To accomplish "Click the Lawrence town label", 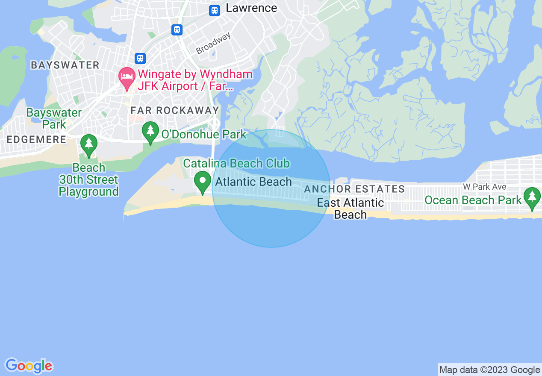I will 251,8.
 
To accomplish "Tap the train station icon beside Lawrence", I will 215,10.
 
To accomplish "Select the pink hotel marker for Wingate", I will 127,78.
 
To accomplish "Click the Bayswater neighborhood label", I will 65,65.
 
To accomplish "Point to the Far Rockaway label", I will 174,110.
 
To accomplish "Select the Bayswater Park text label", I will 54,118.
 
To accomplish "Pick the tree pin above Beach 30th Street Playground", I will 89,145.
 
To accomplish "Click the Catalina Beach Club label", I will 236,163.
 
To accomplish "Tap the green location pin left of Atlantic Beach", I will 203,182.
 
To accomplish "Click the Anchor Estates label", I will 354,189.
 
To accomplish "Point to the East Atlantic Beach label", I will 351,209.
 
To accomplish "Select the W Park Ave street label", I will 484,187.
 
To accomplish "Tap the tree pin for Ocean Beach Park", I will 532,198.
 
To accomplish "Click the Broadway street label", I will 213,43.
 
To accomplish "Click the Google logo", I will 29,366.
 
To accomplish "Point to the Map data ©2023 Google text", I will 489,370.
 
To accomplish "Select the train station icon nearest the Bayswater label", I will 140,58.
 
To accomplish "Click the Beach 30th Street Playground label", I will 88,179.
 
